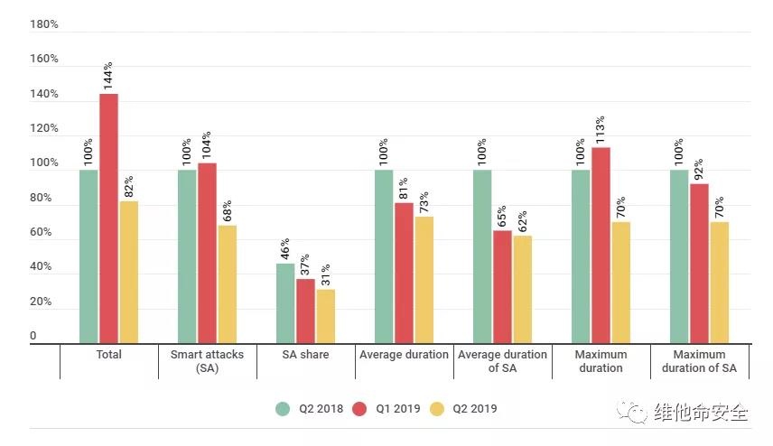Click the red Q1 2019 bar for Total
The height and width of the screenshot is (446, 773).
pos(108,218)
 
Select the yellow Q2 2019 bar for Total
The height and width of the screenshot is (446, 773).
pos(128,272)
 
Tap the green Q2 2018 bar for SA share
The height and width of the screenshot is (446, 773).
pos(285,303)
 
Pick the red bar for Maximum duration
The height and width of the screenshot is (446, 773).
pos(601,246)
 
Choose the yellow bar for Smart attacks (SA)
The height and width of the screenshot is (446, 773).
pos(227,284)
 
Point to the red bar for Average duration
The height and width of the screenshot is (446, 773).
pos(404,273)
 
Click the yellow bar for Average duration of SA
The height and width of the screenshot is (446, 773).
pos(522,289)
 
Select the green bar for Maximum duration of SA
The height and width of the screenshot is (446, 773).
pos(679,256)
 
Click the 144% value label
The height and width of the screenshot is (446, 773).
pos(108,77)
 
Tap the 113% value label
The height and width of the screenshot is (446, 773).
pos(601,130)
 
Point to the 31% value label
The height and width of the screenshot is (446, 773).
pos(326,273)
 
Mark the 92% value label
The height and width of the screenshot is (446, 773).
pos(699,168)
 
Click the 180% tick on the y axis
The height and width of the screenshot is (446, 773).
pos(44,24)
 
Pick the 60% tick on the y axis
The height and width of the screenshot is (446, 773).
pos(44,233)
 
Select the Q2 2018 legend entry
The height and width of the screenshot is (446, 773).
pos(310,409)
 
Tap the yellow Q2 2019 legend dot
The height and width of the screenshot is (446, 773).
pos(436,409)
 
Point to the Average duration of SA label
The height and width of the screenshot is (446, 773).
pos(502,361)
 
